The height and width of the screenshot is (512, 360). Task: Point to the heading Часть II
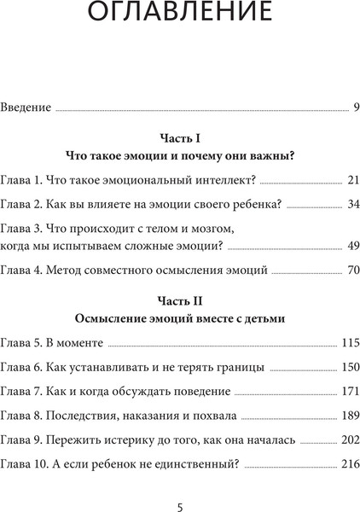(x=179, y=300)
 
